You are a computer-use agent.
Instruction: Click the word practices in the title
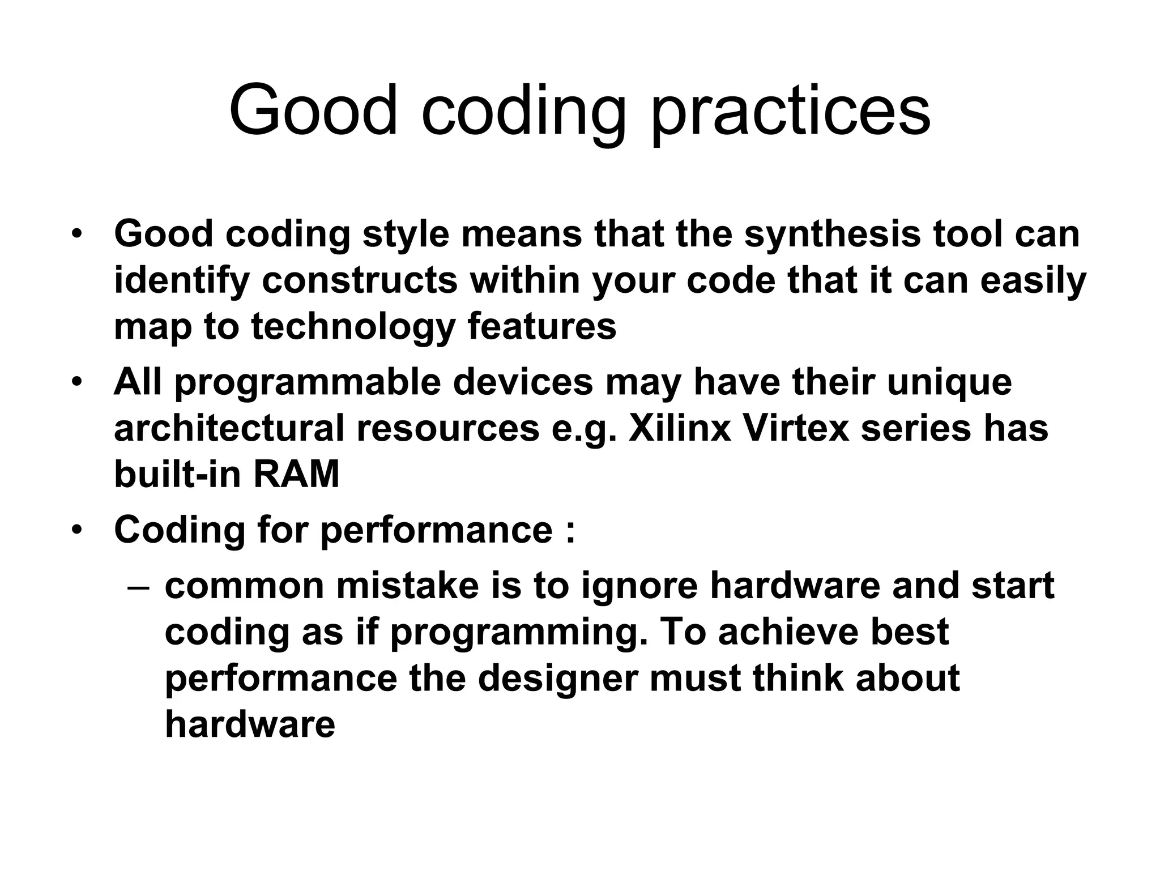click(x=790, y=110)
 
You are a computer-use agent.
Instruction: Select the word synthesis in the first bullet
click(x=832, y=234)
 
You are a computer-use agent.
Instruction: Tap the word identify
click(x=182, y=280)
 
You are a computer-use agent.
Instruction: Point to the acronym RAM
click(x=296, y=474)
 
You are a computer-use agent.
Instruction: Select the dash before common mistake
click(x=139, y=587)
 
